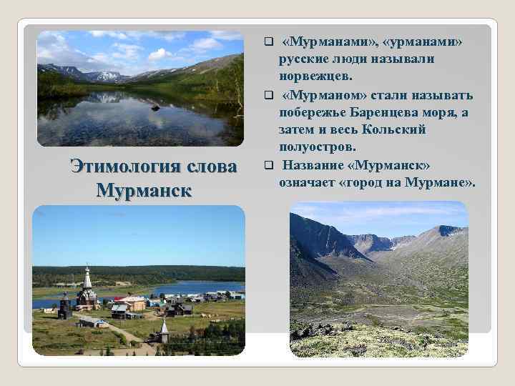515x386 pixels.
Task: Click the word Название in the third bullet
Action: coord(315,166)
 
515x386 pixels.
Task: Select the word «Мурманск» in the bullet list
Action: coord(392,166)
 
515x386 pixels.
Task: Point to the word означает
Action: coord(308,184)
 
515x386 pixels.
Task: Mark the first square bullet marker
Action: coord(268,41)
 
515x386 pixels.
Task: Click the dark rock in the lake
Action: coord(155,108)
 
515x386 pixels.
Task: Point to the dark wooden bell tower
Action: coord(64,305)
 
